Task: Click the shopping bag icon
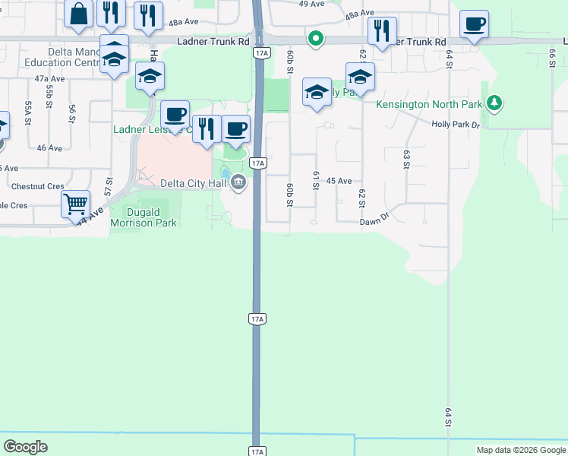(x=78, y=14)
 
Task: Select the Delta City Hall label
(x=194, y=182)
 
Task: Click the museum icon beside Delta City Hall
(x=238, y=182)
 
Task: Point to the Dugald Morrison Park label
(x=144, y=217)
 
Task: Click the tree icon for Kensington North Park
(x=494, y=102)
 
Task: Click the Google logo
(x=26, y=446)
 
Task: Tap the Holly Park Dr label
(x=456, y=124)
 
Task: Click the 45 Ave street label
(x=339, y=181)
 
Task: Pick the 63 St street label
(x=406, y=160)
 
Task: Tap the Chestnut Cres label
(x=38, y=186)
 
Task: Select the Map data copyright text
(x=522, y=450)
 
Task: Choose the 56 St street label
(x=72, y=113)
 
